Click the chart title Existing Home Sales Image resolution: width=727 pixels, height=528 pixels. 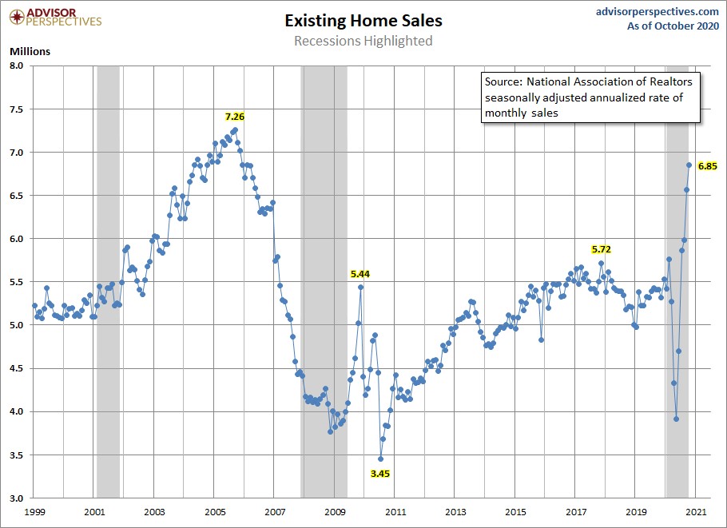(363, 20)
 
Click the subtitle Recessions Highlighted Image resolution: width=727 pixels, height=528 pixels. (363, 41)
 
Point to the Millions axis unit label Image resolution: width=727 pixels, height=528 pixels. (30, 51)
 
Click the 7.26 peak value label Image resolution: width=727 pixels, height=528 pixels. (234, 117)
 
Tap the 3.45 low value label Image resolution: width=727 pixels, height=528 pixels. (381, 473)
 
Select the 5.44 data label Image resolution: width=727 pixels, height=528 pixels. (360, 273)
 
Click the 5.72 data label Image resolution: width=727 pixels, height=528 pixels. (601, 249)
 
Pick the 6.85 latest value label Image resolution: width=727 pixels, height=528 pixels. (708, 166)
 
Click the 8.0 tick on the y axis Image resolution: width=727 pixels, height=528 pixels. (18, 66)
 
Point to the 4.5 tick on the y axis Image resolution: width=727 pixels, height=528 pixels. (18, 368)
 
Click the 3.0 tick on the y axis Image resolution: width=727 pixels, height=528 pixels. (18, 498)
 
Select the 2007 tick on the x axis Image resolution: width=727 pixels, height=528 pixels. (275, 511)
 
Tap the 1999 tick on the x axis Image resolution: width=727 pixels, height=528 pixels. (34, 511)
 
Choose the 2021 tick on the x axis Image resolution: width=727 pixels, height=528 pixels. (696, 511)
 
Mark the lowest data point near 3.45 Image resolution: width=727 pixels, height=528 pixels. (381, 459)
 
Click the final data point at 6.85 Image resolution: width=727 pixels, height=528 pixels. (689, 165)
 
